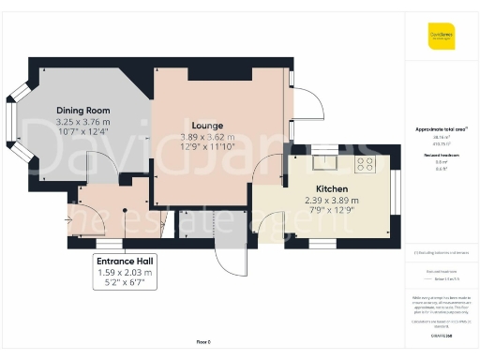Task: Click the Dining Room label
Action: (82, 110)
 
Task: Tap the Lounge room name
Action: (206, 126)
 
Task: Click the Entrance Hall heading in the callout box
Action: (124, 261)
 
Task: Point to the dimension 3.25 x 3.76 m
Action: (82, 122)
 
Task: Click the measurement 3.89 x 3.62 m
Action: (206, 137)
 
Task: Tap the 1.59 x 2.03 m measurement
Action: (124, 272)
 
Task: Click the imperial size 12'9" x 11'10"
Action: (206, 148)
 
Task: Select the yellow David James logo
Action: (442, 37)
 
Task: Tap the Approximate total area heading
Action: (441, 128)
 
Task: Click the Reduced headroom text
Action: (441, 156)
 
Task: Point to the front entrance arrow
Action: (68, 220)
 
